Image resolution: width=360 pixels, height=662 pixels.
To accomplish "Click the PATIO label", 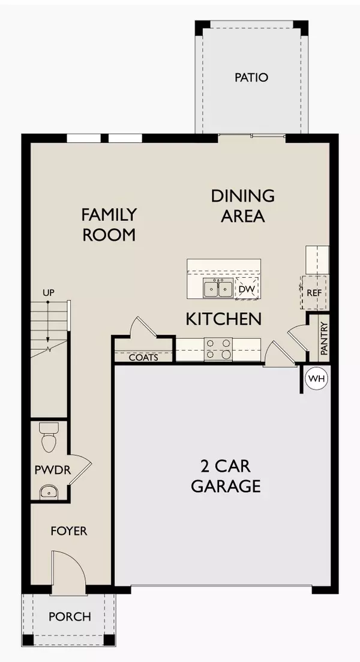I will coord(251,77).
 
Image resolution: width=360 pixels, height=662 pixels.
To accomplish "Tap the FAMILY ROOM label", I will coord(109,224).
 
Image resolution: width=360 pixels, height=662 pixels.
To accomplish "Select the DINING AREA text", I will coord(243,205).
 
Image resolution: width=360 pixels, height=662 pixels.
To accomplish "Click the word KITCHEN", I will coord(223,319).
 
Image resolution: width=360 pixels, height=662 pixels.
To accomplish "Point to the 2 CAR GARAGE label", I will coord(226,476).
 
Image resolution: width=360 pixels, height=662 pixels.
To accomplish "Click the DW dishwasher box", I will coord(247,289).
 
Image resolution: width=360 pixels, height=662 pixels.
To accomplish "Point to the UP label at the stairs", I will coord(49,292).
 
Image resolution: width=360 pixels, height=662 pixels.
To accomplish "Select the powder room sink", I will coord(47,492).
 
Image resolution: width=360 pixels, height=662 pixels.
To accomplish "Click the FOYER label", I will coord(69,531).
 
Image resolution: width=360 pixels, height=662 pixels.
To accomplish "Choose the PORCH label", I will coord(70,616).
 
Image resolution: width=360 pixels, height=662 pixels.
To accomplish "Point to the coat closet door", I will coord(142,329).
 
